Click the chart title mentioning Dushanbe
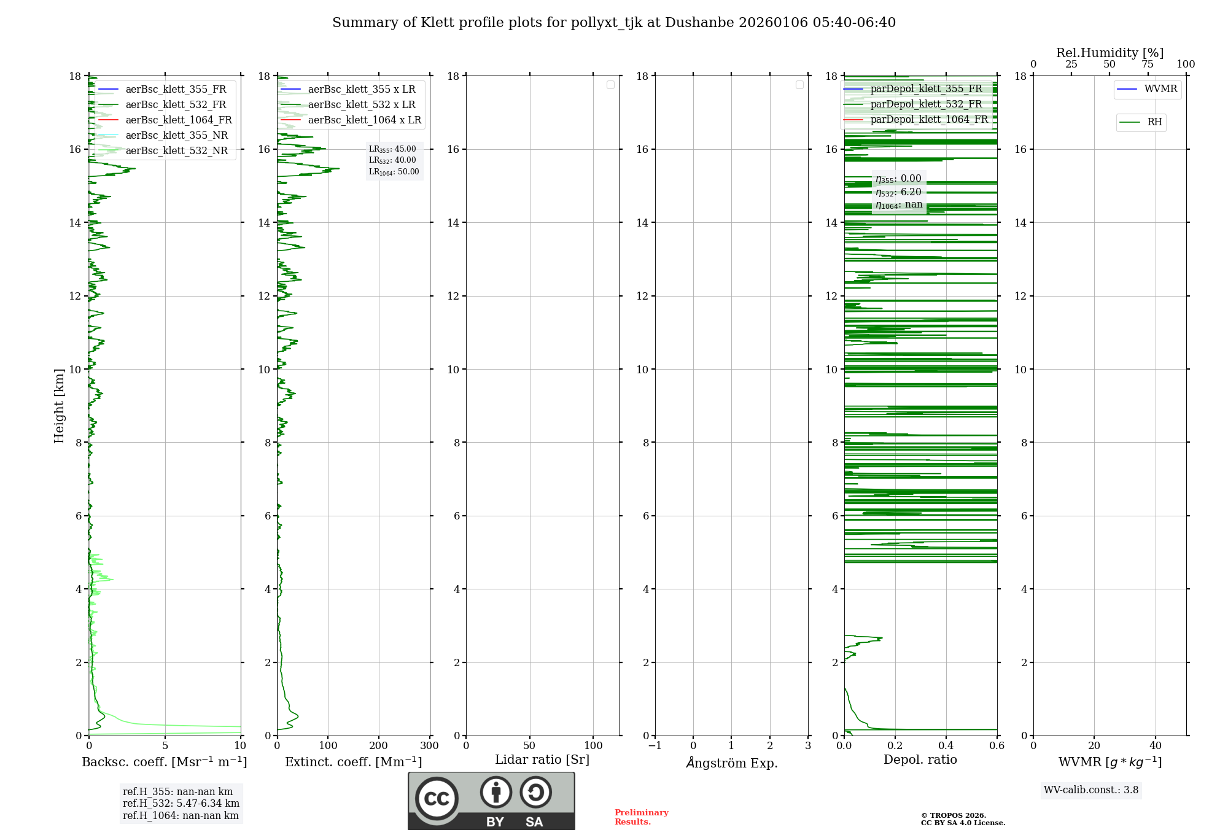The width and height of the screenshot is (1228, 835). click(614, 23)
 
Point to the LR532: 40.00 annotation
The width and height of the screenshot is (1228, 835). click(392, 160)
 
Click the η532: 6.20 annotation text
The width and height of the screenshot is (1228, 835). click(898, 192)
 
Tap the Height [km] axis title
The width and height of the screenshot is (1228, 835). click(59, 406)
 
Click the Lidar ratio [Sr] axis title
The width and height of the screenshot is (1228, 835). click(542, 759)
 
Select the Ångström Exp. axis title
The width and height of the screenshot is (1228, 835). click(732, 763)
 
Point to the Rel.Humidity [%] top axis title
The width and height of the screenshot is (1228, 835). click(1109, 53)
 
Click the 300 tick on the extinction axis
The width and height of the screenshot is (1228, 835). click(430, 746)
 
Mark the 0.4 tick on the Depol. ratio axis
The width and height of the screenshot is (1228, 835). click(946, 746)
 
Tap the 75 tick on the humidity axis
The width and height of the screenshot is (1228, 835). click(1148, 64)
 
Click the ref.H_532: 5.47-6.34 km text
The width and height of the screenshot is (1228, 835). click(181, 803)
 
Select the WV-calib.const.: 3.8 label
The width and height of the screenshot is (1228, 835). click(1091, 790)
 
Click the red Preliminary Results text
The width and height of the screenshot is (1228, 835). click(642, 817)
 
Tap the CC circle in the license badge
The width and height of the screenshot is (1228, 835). click(437, 799)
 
